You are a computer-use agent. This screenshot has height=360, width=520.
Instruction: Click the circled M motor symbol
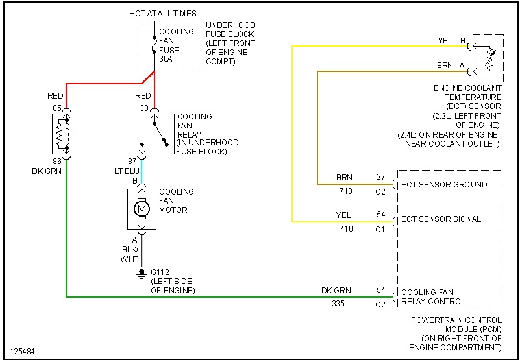tap(142, 209)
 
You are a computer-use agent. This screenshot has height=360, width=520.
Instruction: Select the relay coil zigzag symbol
tap(62, 134)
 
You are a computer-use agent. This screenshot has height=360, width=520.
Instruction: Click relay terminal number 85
tap(58, 107)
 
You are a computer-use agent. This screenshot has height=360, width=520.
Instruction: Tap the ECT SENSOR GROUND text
tap(444, 185)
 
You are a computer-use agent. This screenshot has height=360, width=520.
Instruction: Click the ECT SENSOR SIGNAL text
tap(441, 219)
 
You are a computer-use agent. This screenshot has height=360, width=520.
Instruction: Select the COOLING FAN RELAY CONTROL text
tap(433, 296)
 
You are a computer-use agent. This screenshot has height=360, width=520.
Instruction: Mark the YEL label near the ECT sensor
tap(445, 41)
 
